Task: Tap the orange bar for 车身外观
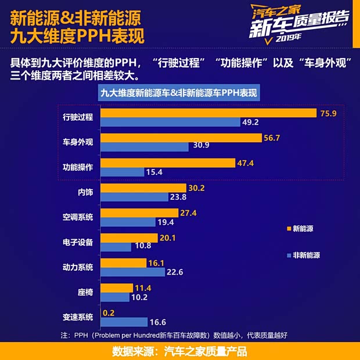(181, 138)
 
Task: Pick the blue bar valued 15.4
(122, 172)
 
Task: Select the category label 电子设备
(78, 242)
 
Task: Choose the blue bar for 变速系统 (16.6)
(124, 322)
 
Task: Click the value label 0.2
(108, 312)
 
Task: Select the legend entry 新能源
(303, 228)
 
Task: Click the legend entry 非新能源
(305, 255)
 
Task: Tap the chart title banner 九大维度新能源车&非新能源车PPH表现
(179, 93)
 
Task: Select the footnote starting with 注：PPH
(174, 335)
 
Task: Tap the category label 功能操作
(78, 167)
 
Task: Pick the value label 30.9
(201, 145)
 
